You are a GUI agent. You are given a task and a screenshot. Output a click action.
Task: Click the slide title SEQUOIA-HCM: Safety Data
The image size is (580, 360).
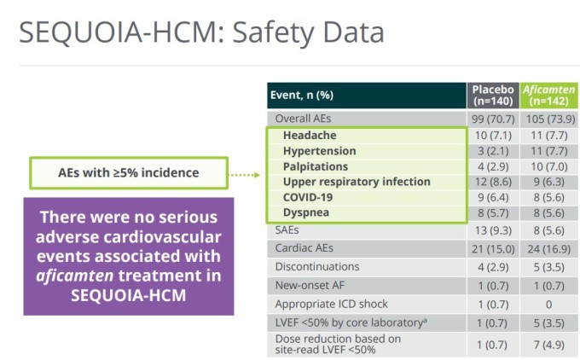tap(201, 32)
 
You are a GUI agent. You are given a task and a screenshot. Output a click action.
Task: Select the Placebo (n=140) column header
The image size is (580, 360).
tap(493, 96)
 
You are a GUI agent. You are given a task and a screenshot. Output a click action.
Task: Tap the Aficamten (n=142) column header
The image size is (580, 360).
tap(548, 96)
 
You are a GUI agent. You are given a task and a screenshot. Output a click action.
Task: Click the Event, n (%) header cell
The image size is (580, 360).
tap(303, 96)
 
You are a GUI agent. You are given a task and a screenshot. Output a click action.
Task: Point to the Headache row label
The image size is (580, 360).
tap(310, 136)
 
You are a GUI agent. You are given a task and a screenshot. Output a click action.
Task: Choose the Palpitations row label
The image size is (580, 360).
tap(316, 166)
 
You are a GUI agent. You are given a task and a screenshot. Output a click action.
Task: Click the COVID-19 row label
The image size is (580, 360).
tap(308, 197)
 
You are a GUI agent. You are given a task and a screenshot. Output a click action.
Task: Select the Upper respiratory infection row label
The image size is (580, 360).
tap(345, 182)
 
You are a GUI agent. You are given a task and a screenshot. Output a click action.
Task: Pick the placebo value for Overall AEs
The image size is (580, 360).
tap(493, 119)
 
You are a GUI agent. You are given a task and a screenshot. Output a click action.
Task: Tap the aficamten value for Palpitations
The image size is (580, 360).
tap(548, 166)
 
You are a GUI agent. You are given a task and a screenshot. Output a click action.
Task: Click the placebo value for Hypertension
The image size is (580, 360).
tap(493, 151)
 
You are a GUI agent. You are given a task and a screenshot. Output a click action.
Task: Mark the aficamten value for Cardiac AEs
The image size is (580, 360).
tap(548, 247)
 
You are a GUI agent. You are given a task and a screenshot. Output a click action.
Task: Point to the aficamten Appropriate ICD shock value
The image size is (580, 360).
tap(548, 304)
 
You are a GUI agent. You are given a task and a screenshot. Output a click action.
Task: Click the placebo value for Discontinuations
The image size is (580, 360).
tap(493, 266)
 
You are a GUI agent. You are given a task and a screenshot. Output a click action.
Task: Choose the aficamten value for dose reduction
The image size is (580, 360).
tap(548, 344)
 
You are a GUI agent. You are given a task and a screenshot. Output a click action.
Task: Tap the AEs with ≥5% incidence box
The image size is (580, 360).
tap(129, 173)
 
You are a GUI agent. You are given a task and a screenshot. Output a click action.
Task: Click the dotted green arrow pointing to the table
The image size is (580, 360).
tap(246, 174)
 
